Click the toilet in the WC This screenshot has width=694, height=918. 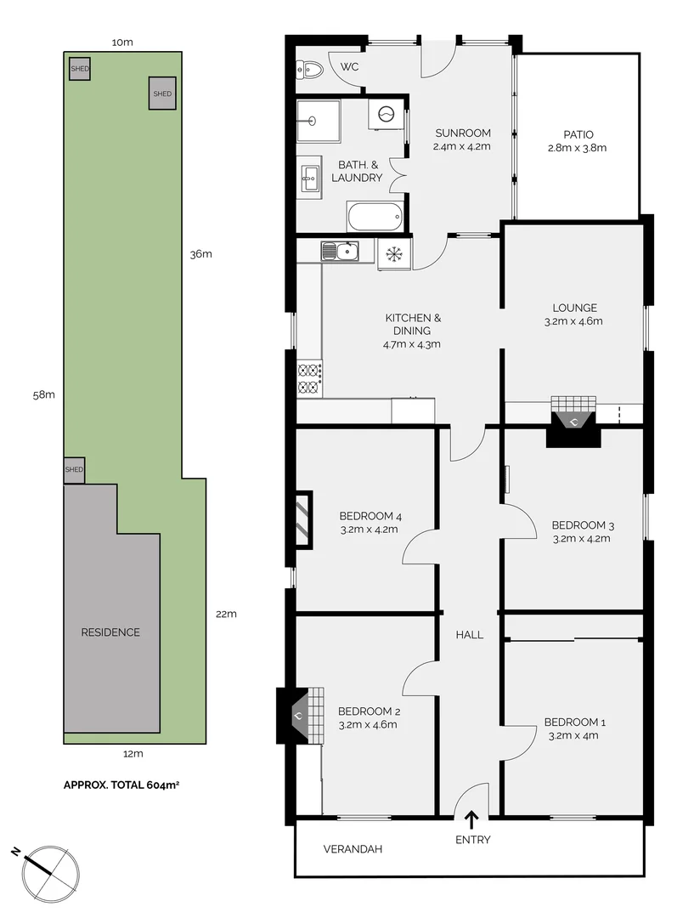(x=310, y=70)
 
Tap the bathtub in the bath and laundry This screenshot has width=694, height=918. (x=374, y=216)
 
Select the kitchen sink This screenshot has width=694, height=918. (x=340, y=251)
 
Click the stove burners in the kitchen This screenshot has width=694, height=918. (x=308, y=378)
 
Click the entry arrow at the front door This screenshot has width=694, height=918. (x=471, y=819)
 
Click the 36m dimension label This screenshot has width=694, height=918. (x=200, y=254)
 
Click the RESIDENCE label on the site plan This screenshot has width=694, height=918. (x=110, y=632)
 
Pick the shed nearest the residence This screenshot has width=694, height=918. (x=74, y=469)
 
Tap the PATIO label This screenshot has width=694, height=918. (x=578, y=134)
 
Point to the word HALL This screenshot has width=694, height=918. (x=469, y=634)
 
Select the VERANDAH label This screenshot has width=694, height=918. (x=353, y=849)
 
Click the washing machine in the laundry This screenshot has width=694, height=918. (x=386, y=113)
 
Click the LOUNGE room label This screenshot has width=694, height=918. (x=575, y=308)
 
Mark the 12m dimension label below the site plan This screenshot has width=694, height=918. (x=133, y=753)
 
